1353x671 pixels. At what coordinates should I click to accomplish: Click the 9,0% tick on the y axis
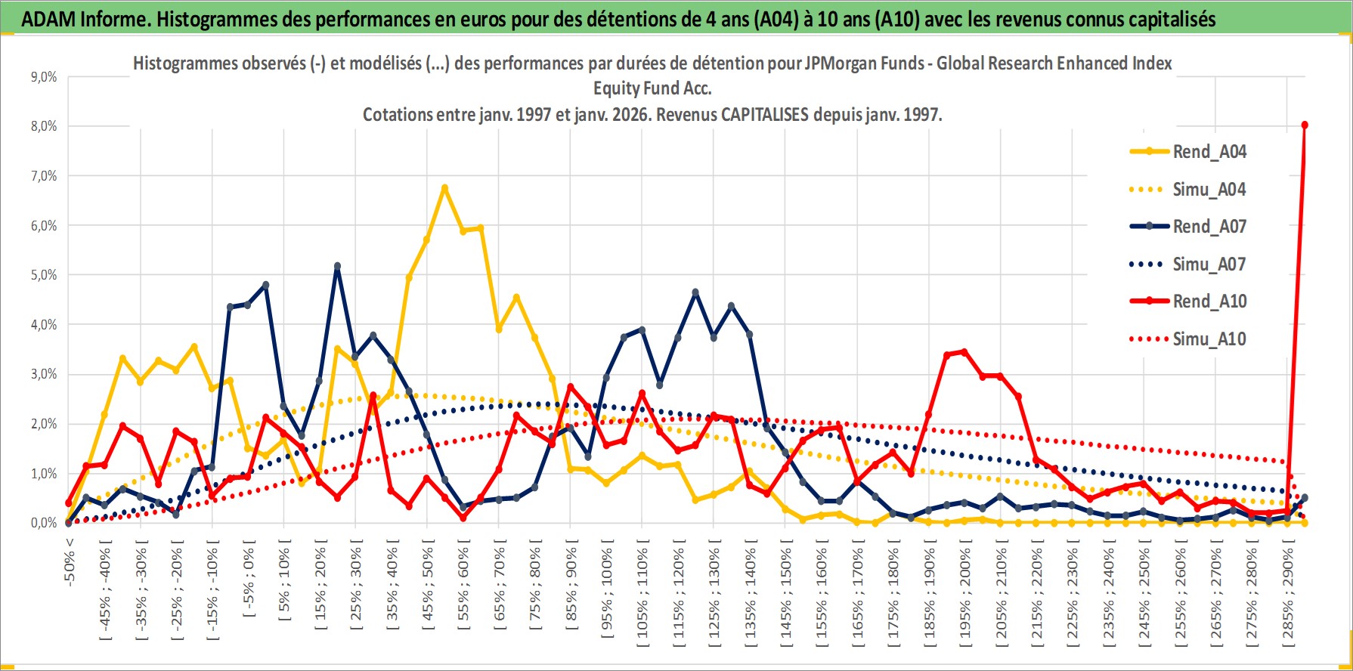point(44,77)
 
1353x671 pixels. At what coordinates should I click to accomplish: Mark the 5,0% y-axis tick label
point(44,275)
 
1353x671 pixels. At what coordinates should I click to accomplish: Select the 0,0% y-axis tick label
point(44,523)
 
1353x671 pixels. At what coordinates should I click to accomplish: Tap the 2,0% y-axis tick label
point(44,424)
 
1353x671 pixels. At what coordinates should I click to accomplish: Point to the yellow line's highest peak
point(444,187)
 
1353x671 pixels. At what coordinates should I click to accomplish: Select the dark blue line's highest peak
point(337,266)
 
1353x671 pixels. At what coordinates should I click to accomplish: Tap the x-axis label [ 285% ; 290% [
point(1288,593)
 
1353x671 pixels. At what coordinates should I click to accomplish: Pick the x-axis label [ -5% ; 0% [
point(248,582)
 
